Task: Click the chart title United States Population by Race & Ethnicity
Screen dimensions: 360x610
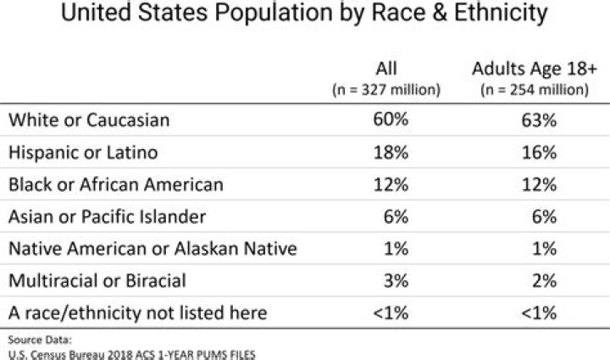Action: (x=305, y=15)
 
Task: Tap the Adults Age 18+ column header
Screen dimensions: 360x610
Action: (x=534, y=69)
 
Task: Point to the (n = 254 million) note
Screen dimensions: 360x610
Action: (x=534, y=89)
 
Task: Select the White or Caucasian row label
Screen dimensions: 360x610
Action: (x=89, y=120)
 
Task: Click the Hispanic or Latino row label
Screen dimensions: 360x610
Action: (x=83, y=152)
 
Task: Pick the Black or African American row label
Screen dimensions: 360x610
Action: (x=116, y=185)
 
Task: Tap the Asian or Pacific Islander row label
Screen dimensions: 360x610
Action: (x=108, y=217)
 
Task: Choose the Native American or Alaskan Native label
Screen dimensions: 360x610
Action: (x=152, y=249)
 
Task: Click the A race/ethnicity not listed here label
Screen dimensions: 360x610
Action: (x=138, y=313)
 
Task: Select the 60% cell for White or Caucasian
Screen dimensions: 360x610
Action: (x=391, y=120)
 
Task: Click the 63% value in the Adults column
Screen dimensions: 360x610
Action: (x=539, y=120)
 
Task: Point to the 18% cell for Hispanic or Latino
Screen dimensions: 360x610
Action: (x=391, y=152)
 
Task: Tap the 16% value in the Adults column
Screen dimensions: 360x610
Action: (x=539, y=152)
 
